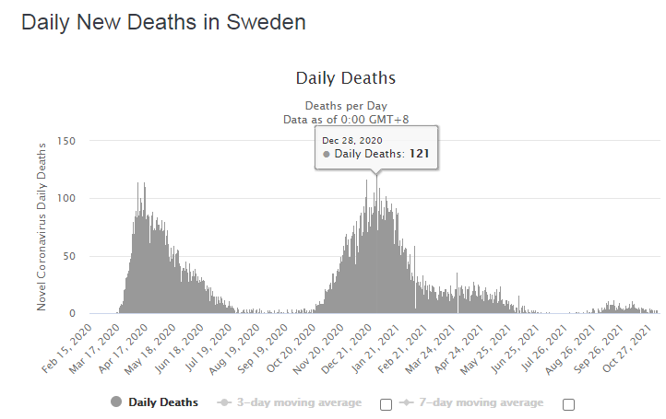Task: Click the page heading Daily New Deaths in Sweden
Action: [x=163, y=22]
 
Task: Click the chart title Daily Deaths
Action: [x=346, y=78]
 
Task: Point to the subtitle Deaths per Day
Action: [x=346, y=105]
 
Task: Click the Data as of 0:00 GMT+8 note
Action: [x=346, y=119]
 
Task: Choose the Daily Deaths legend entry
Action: [x=154, y=402]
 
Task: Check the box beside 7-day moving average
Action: [x=569, y=403]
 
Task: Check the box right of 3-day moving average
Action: [x=386, y=403]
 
